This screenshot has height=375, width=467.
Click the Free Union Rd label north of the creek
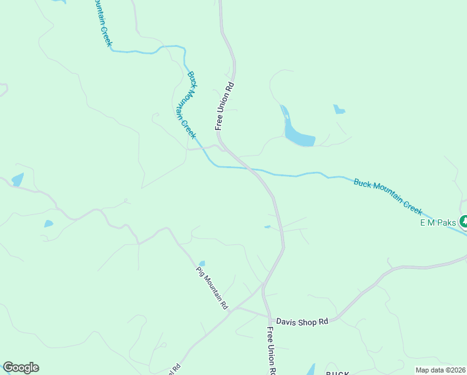(225, 106)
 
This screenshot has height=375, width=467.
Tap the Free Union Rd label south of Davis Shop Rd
(272, 351)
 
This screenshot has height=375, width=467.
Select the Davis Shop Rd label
(303, 321)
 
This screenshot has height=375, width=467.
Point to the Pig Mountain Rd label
(213, 288)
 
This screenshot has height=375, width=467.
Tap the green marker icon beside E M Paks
(463, 221)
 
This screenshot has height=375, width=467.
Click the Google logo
(21, 367)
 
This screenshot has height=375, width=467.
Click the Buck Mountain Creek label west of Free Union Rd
(192, 104)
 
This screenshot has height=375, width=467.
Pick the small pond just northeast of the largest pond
(339, 110)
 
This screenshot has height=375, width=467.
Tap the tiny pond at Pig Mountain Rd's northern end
(201, 263)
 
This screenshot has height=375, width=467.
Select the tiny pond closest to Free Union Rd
(267, 227)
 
